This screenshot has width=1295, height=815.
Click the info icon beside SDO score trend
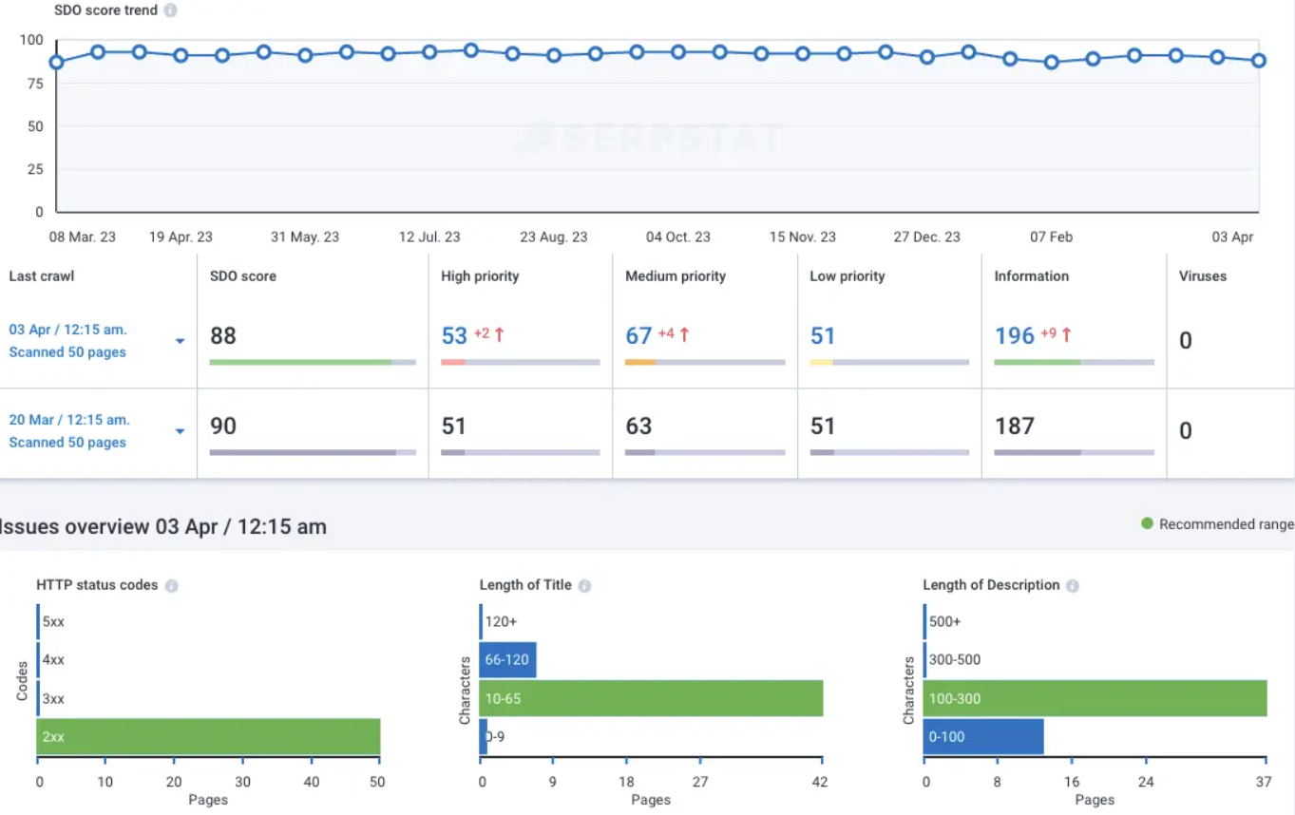tap(170, 10)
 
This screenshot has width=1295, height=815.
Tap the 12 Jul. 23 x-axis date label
tap(429, 237)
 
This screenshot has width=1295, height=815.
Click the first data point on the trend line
tap(57, 63)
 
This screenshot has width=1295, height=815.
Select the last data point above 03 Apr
tap(1259, 61)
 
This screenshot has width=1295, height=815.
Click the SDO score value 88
tap(223, 336)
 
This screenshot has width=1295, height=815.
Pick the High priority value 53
tap(454, 336)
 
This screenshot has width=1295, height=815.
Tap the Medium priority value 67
tap(638, 336)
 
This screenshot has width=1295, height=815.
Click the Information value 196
tap(1014, 336)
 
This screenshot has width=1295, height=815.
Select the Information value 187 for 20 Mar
tap(1014, 426)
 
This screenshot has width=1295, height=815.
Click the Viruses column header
tap(1203, 276)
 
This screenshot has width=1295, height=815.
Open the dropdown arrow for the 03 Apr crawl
tap(180, 341)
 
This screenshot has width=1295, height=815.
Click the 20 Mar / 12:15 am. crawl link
tap(69, 420)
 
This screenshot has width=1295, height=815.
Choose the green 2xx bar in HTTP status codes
tap(208, 737)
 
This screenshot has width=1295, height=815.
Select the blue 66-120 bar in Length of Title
tap(508, 660)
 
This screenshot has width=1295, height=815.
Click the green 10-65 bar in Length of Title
tap(651, 699)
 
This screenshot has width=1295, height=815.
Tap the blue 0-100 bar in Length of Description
tap(983, 737)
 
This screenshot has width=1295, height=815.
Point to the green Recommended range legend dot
tap(1147, 523)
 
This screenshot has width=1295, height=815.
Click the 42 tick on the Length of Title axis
tap(820, 782)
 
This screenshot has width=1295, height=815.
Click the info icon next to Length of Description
tap(1072, 586)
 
